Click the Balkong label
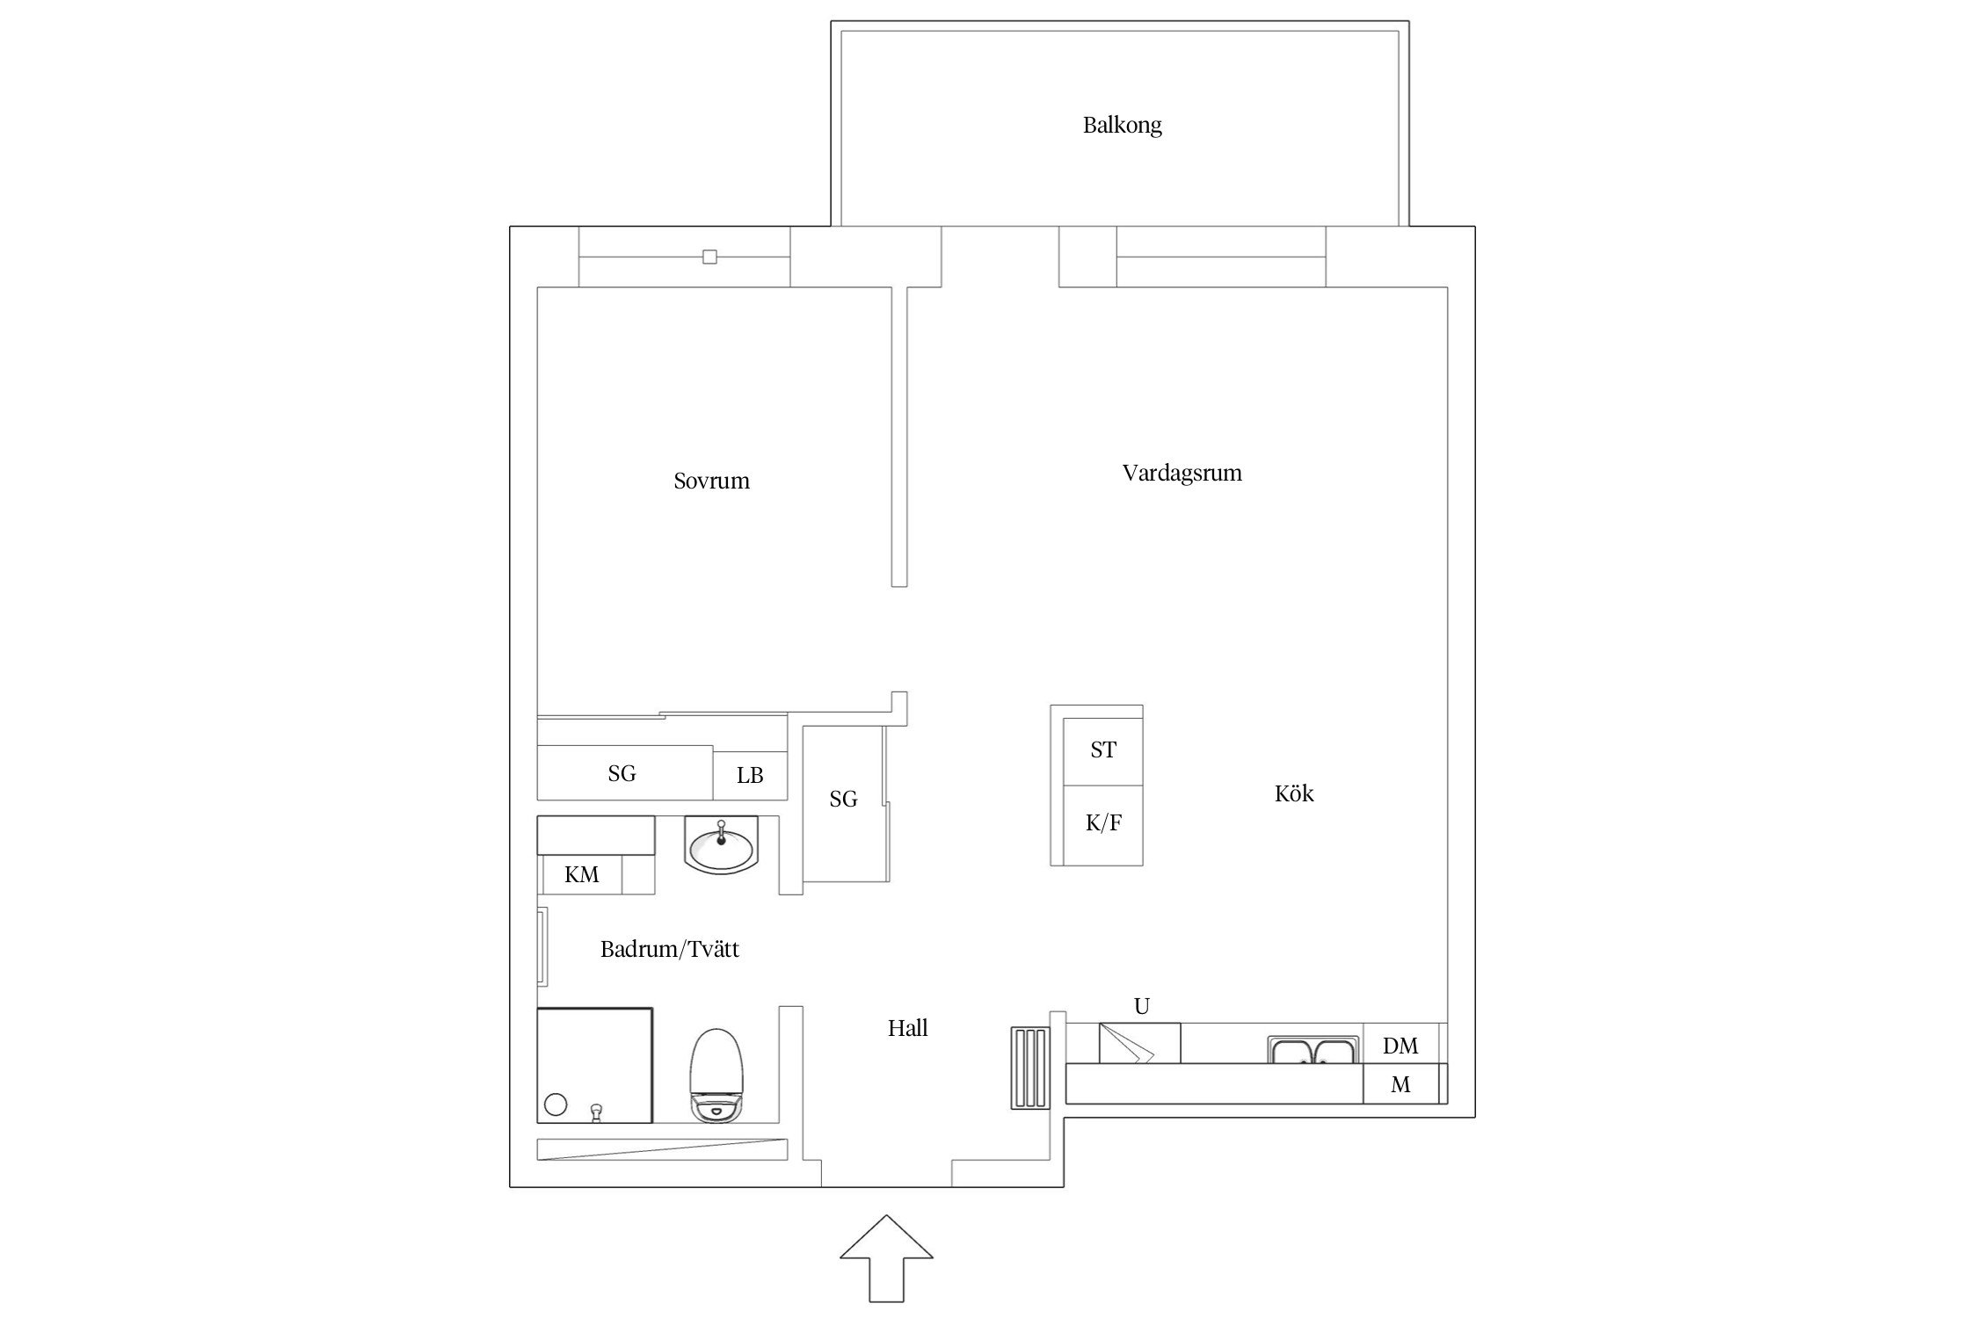(x=1122, y=126)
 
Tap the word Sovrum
(x=711, y=482)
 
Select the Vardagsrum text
(x=1182, y=474)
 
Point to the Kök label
(x=1293, y=794)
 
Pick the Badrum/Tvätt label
(x=669, y=950)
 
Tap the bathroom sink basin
(x=721, y=848)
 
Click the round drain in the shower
(x=556, y=1104)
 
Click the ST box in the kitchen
(x=1102, y=750)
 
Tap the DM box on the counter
(x=1400, y=1046)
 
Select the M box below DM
(x=1400, y=1085)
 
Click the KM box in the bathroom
(x=581, y=875)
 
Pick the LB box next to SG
(x=749, y=776)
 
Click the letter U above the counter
(x=1141, y=1007)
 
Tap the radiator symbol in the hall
(x=1029, y=1068)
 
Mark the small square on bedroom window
(x=709, y=257)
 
